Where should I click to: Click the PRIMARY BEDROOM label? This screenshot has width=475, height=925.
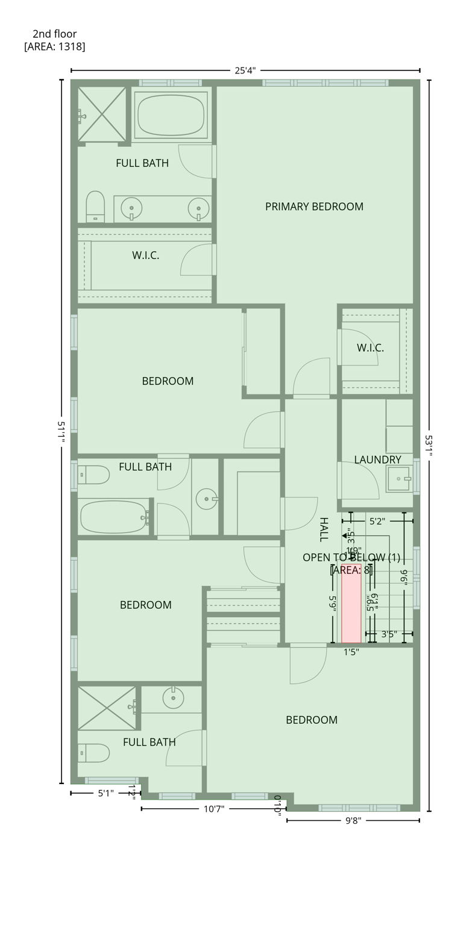pos(314,207)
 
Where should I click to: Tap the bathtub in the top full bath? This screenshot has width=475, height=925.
pos(171,114)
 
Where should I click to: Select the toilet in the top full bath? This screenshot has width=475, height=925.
pos(95,206)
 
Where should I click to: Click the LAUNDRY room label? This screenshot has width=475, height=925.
pos(377,459)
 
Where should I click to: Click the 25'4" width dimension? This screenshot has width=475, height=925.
pos(245,70)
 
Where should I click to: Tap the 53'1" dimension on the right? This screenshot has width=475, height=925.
pos(429,446)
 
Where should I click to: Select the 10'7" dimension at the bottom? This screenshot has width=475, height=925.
pos(213,809)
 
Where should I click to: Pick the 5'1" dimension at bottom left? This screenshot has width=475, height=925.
pos(105,793)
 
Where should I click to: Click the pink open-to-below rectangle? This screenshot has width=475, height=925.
pos(351,603)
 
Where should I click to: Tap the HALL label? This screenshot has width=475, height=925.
pos(324,529)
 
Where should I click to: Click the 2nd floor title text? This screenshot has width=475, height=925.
pos(55,34)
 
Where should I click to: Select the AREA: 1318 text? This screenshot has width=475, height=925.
pos(55,46)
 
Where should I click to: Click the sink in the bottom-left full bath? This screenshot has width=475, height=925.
pos(173,699)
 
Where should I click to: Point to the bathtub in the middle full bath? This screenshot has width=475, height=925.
pos(113,517)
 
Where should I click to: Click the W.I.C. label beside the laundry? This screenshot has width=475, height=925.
pos(370,347)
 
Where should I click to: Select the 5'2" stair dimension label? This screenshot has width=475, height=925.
pos(377,521)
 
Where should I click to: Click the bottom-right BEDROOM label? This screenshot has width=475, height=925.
pos(311,720)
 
